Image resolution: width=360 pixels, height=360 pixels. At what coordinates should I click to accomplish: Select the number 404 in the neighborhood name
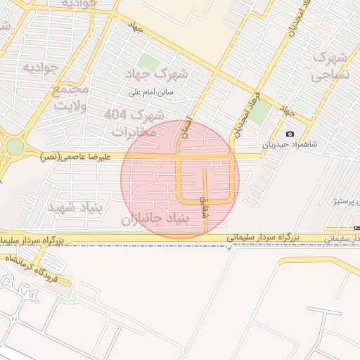coord(117,114)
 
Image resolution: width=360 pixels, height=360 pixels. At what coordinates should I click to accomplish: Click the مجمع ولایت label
coord(70,98)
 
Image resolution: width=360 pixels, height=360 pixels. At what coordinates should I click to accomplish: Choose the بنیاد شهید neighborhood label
coord(74,208)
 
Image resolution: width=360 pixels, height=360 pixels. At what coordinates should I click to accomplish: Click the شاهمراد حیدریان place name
coord(290,145)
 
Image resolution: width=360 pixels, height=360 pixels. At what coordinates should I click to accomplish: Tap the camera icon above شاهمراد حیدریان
coord(290,134)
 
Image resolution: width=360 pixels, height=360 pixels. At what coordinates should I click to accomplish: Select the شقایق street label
coord(205,206)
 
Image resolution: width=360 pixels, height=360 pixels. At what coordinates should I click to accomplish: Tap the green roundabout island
coord(14,148)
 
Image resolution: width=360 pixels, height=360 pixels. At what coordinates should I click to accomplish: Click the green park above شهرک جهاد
coord(148,62)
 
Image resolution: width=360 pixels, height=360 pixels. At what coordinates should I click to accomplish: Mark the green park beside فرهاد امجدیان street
coord(261,112)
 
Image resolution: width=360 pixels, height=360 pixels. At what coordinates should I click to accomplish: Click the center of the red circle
coord(180,179)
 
